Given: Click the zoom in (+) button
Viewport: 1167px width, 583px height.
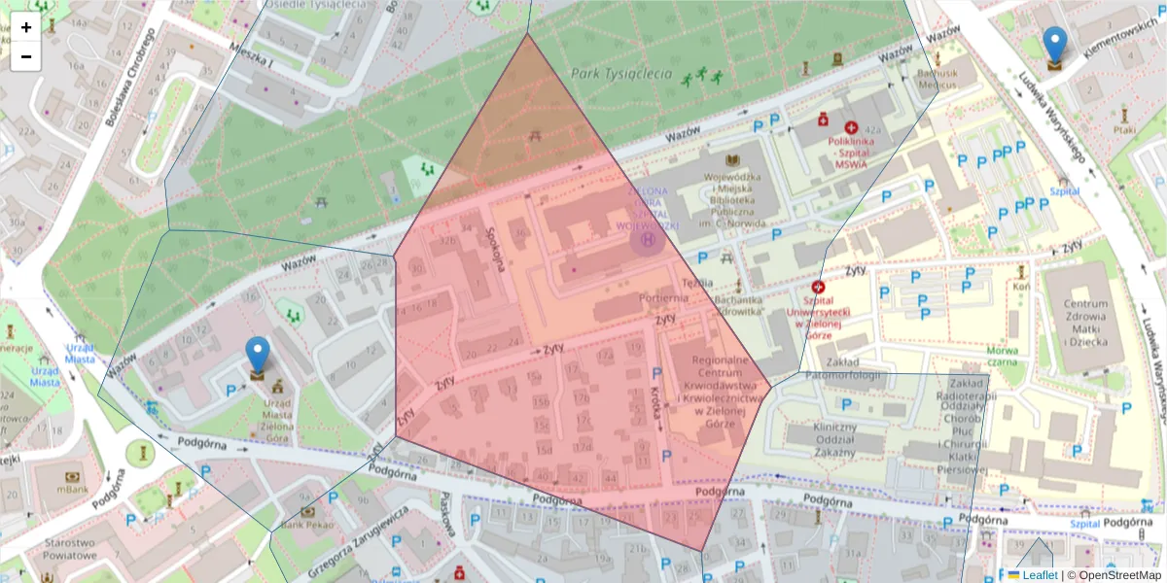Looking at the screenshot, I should [x=26, y=27].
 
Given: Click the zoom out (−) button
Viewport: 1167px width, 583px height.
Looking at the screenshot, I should [x=26, y=56].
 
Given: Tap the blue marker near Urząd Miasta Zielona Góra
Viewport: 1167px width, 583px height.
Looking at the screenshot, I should [x=257, y=356].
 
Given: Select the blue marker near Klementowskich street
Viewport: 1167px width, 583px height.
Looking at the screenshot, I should [x=1054, y=46].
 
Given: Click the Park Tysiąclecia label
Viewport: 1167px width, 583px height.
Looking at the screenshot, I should [x=621, y=73].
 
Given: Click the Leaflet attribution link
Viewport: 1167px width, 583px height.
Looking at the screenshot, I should [x=1039, y=575].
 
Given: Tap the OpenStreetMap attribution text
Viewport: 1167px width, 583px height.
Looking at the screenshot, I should [x=1121, y=575].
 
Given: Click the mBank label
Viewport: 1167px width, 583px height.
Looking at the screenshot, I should [x=73, y=490].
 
